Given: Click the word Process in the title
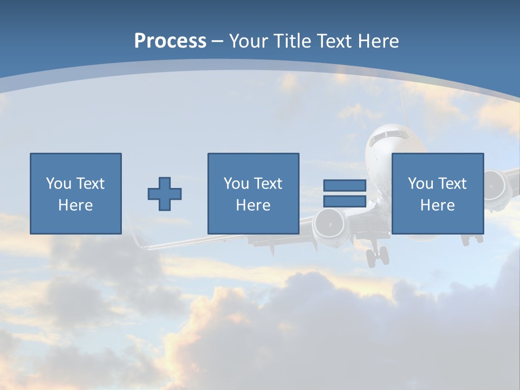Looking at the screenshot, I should pyautogui.click(x=170, y=41).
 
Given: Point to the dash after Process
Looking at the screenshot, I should pyautogui.click(x=217, y=42).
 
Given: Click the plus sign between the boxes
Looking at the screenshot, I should pyautogui.click(x=165, y=194).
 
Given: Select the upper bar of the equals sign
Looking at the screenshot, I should pyautogui.click(x=344, y=186).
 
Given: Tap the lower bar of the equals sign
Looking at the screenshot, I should pyautogui.click(x=344, y=201).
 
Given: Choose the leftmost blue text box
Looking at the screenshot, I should pyautogui.click(x=76, y=193).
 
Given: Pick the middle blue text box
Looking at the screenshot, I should pyautogui.click(x=253, y=193).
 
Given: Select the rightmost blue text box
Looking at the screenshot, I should pyautogui.click(x=437, y=193).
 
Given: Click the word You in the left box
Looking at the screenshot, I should pyautogui.click(x=58, y=184).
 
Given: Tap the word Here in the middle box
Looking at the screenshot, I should pyautogui.click(x=253, y=205).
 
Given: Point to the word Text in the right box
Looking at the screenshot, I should pyautogui.click(x=452, y=184).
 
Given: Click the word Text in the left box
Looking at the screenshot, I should pyautogui.click(x=90, y=184).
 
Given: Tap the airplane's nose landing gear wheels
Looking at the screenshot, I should pyautogui.click(x=377, y=256).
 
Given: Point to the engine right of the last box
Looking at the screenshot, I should pyautogui.click(x=495, y=184).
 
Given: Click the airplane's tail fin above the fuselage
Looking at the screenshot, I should pyautogui.click(x=402, y=106).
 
